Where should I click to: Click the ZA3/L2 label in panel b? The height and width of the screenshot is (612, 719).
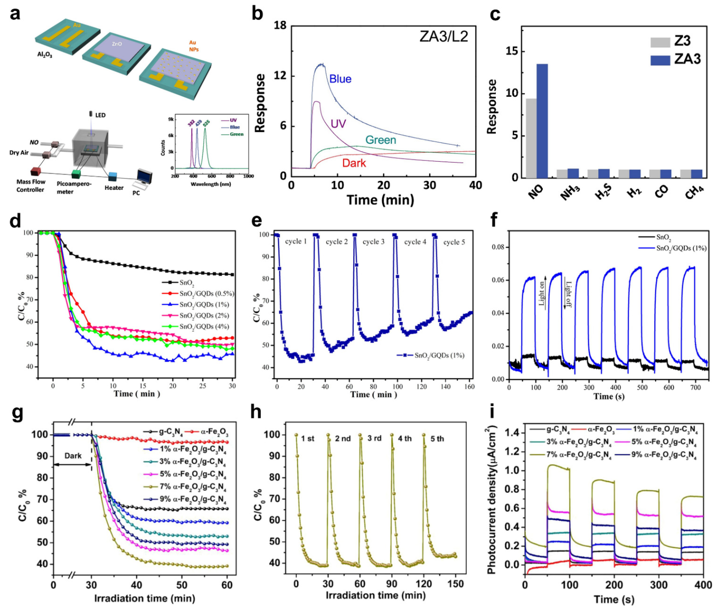(444, 36)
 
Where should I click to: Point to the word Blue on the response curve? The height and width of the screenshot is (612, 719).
(340, 79)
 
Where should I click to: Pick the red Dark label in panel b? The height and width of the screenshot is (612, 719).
(354, 163)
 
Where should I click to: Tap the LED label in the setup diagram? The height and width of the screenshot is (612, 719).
(100, 115)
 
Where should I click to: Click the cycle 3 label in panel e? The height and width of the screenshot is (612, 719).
(373, 242)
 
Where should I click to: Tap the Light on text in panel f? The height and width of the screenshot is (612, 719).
(542, 293)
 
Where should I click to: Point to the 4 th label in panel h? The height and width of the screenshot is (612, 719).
(405, 439)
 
